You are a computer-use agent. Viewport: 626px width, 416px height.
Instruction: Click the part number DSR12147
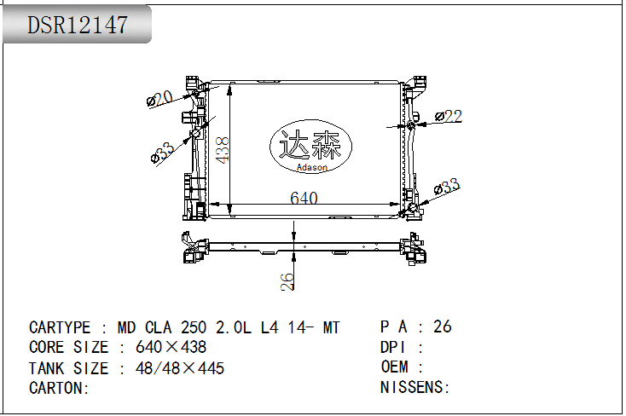click(x=78, y=25)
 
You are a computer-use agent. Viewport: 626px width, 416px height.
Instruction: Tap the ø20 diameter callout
click(x=159, y=99)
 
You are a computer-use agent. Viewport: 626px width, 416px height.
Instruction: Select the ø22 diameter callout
click(x=449, y=116)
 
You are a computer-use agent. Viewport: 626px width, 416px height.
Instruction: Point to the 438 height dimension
click(x=222, y=150)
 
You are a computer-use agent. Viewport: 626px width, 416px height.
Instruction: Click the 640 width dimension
click(x=304, y=198)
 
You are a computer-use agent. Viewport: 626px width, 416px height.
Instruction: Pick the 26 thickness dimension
click(x=287, y=281)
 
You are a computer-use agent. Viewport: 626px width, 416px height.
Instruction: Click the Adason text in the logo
click(x=312, y=167)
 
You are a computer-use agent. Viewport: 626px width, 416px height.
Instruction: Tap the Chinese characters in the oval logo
click(x=310, y=144)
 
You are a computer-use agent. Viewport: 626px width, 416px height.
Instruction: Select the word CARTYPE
click(x=60, y=327)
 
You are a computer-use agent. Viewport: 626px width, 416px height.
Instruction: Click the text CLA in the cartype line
click(x=159, y=327)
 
